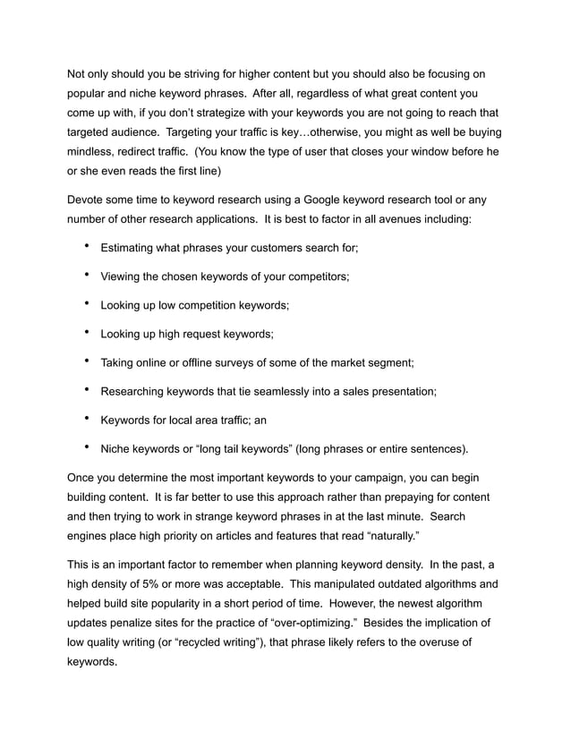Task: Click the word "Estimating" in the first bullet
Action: coord(132,248)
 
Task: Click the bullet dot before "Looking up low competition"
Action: coord(86,304)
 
